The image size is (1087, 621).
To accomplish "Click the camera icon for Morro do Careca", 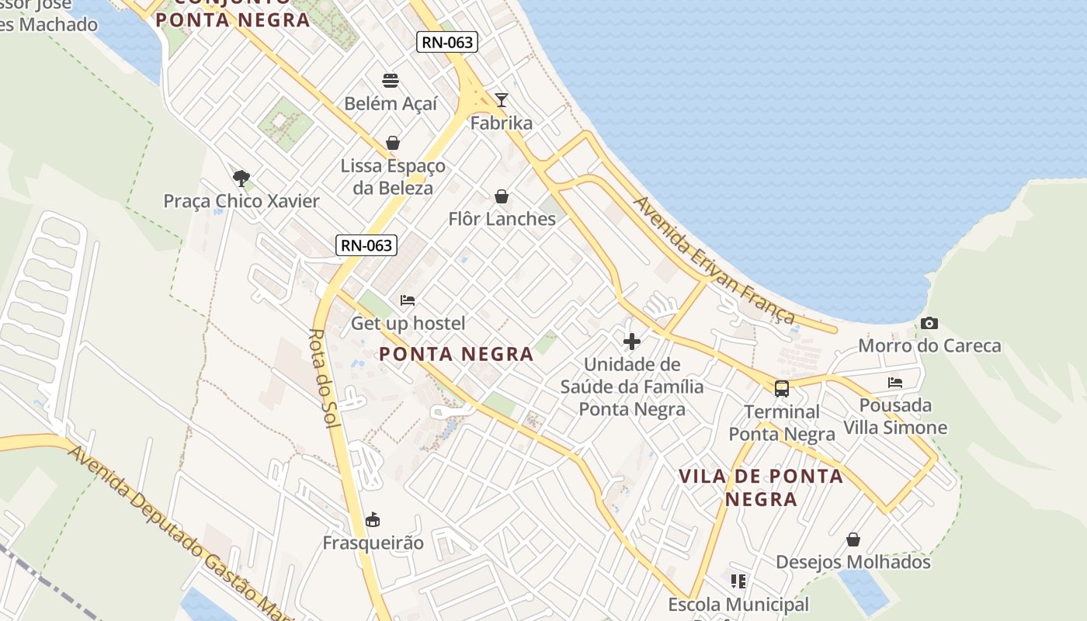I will (x=929, y=323).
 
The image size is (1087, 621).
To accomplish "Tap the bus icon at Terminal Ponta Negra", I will (x=781, y=388).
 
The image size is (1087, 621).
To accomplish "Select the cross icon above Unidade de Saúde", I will (x=632, y=341).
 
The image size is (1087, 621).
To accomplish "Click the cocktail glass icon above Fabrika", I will (x=502, y=99).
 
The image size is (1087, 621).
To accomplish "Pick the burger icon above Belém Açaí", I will (x=391, y=80).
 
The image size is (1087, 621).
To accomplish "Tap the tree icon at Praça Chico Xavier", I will (x=241, y=179).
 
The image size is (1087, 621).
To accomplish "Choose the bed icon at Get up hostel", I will (x=408, y=300).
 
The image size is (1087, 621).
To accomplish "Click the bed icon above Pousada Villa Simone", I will (x=895, y=382).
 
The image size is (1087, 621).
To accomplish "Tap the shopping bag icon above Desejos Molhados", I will (x=853, y=539).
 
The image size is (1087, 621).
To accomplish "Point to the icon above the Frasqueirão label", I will (x=373, y=519).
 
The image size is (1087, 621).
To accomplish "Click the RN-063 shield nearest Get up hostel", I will (x=366, y=245).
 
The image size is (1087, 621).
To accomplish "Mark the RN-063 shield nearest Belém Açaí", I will (x=446, y=42).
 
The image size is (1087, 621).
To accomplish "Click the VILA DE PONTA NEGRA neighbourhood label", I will (x=761, y=487).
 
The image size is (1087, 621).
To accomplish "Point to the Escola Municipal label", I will (x=738, y=604).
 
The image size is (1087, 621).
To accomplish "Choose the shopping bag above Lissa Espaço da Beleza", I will (x=393, y=143).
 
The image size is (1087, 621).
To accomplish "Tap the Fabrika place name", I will (x=502, y=123).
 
